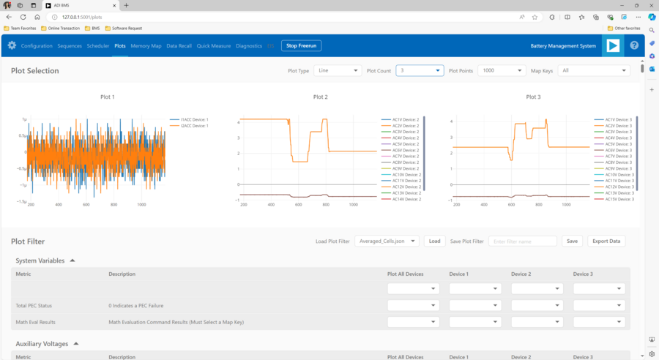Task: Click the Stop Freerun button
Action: click(301, 45)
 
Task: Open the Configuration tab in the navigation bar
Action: click(37, 45)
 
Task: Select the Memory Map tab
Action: click(146, 45)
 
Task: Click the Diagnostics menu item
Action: click(248, 45)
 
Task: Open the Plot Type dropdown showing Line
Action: click(338, 70)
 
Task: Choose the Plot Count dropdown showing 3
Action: click(420, 70)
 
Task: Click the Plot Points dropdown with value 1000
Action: click(502, 70)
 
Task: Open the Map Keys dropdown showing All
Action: click(594, 70)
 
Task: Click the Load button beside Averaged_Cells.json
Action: click(434, 241)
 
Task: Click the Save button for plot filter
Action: click(572, 241)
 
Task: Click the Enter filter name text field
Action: click(522, 241)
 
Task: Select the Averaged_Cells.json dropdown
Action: click(387, 241)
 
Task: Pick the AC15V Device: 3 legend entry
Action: click(618, 199)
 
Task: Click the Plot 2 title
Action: click(320, 97)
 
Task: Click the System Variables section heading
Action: click(40, 260)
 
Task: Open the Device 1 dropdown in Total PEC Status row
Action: click(475, 305)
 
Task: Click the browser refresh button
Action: click(23, 16)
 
